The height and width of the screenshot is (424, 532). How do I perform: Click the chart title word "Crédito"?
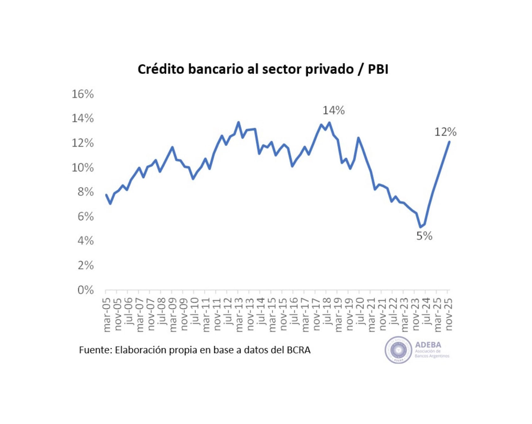click(x=161, y=69)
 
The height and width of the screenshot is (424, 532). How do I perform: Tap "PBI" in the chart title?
click(x=378, y=69)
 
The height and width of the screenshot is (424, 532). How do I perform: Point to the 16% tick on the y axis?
click(x=83, y=94)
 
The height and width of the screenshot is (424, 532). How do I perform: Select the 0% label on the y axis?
click(x=85, y=290)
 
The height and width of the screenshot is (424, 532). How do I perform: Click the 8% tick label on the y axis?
click(x=85, y=192)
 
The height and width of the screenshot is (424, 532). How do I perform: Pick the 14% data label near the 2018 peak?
click(x=333, y=110)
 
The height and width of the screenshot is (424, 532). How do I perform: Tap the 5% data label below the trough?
click(x=424, y=236)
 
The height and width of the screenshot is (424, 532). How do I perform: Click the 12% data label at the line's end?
click(x=445, y=132)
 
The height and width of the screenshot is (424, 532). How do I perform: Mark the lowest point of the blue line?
click(x=421, y=227)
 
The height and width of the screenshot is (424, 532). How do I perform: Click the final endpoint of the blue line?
click(x=449, y=142)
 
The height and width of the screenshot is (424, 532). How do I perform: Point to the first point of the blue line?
click(x=106, y=195)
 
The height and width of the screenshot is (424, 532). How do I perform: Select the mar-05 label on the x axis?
click(x=107, y=315)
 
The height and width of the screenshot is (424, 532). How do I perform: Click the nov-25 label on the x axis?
click(x=449, y=314)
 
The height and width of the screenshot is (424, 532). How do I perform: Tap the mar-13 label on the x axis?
click(x=239, y=315)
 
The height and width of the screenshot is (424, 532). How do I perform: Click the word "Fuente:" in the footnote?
click(x=95, y=350)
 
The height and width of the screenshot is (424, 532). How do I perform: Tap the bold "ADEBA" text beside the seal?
click(x=428, y=345)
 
